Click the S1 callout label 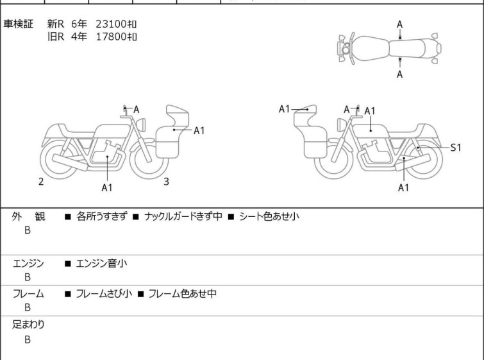click(456, 148)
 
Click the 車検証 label click(18, 24)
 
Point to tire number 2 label click(41, 182)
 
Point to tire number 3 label click(167, 182)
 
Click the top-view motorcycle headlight click(346, 49)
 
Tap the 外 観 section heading click(28, 216)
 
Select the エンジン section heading click(28, 263)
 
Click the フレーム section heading click(28, 293)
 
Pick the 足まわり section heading click(28, 324)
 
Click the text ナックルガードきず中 click(183, 216)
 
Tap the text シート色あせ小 click(269, 216)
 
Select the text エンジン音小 click(101, 263)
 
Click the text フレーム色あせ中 click(183, 293)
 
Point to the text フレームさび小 click(104, 293)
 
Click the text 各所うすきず click(101, 216)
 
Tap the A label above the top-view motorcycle click(400, 24)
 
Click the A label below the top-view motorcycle click(400, 74)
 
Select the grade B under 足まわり click(28, 339)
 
